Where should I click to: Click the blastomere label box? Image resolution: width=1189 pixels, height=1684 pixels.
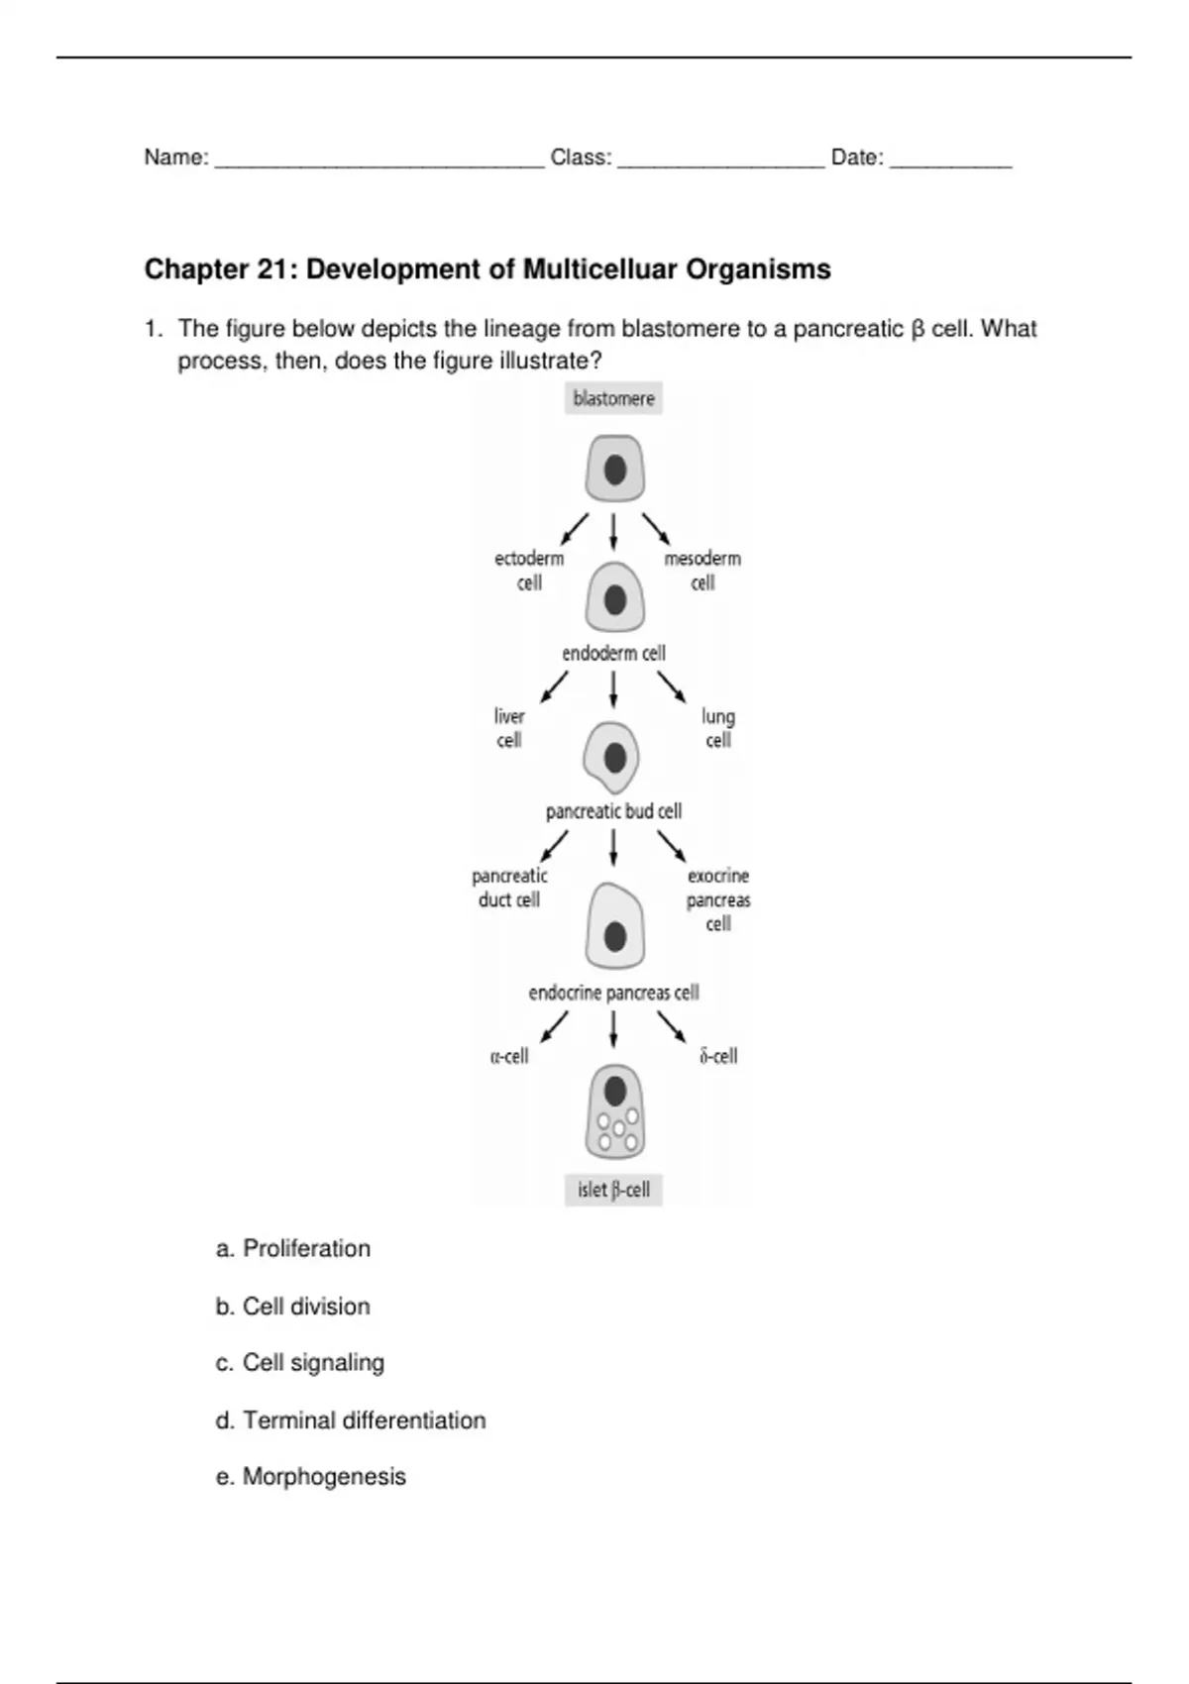pos(613,398)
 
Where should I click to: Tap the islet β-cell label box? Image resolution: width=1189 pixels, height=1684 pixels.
pos(613,1189)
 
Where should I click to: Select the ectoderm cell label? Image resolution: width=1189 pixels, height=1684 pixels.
pos(529,571)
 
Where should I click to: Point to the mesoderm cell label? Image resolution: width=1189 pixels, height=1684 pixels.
pos(703,571)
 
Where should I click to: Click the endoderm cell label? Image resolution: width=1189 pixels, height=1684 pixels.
pos(613,653)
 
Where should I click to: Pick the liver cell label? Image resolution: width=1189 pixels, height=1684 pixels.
pos(509,728)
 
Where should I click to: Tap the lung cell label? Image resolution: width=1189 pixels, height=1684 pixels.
pos(718,728)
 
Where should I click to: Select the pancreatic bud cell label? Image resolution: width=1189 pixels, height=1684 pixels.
pos(613,811)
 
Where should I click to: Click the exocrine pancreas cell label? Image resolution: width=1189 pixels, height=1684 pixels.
pos(718,899)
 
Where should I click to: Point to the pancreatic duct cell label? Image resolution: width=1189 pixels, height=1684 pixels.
pos(509,888)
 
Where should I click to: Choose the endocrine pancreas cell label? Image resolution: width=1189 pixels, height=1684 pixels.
pos(613,993)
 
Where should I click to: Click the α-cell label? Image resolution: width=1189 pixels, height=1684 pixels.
pos(509,1056)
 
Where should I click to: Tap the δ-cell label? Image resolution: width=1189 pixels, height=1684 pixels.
pos(718,1056)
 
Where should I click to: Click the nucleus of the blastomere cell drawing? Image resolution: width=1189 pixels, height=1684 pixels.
pos(615,470)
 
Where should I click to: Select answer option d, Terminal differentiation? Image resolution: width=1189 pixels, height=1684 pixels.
pos(351,1421)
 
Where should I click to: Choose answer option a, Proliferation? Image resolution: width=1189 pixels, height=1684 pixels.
pos(293,1248)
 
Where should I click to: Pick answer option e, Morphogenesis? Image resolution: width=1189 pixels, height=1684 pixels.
pos(311,1477)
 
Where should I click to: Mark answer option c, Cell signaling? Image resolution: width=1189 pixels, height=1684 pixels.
pos(300,1363)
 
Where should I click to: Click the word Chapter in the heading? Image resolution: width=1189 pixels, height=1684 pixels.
pos(196,269)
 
